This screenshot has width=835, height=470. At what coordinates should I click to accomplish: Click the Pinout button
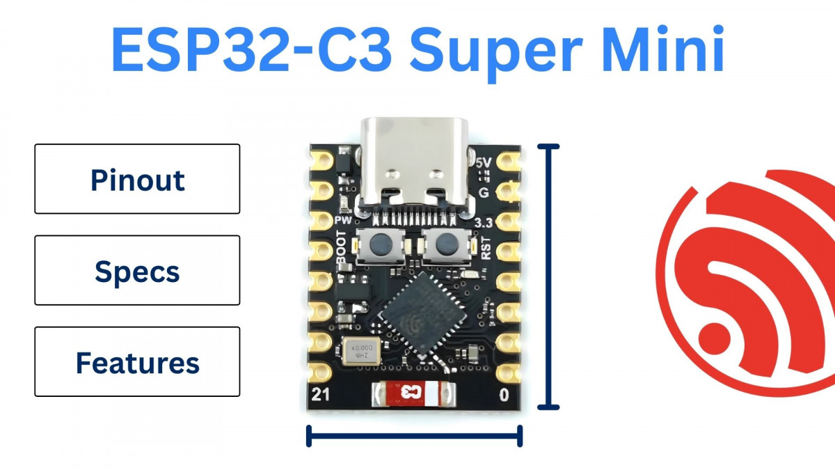(x=137, y=179)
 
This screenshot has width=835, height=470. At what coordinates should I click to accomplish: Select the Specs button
(x=137, y=271)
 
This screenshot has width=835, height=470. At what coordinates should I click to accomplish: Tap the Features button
(x=137, y=363)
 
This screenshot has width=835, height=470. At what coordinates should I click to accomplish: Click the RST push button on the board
(x=443, y=245)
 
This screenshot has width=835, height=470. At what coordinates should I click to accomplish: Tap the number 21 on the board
(x=321, y=395)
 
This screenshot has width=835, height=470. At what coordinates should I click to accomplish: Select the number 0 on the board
(x=504, y=395)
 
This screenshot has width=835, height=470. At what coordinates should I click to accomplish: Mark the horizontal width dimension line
(x=414, y=437)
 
